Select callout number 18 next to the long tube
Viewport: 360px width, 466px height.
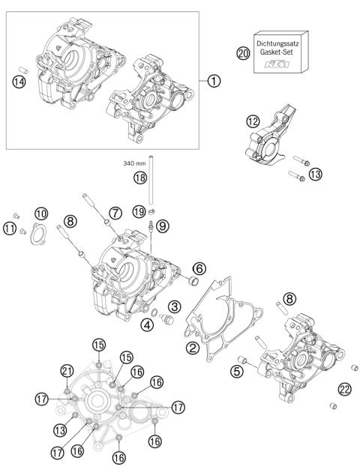tap(139, 178)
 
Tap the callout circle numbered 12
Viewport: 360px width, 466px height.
tap(254, 121)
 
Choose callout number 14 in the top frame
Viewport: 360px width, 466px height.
tap(20, 82)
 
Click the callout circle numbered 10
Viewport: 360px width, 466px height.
tap(41, 214)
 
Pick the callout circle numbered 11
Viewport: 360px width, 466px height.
tap(9, 228)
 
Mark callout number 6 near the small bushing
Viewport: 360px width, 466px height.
tap(199, 268)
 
